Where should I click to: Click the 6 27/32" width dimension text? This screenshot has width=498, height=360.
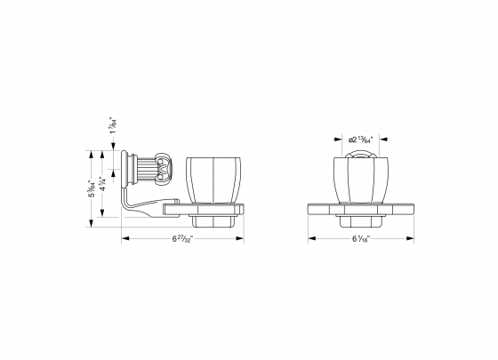point(181,240)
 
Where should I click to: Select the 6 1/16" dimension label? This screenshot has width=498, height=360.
point(362,240)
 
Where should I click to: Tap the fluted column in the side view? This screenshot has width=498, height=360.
point(141,168)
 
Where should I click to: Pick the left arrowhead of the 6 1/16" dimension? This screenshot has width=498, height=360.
point(311,240)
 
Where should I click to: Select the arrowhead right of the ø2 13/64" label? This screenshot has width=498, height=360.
point(384,140)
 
